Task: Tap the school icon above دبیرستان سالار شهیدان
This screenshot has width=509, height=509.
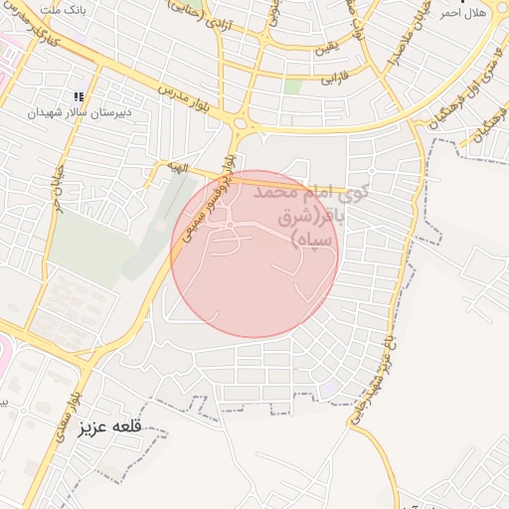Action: click(x=79, y=96)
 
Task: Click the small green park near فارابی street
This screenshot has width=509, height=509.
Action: click(x=292, y=86)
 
